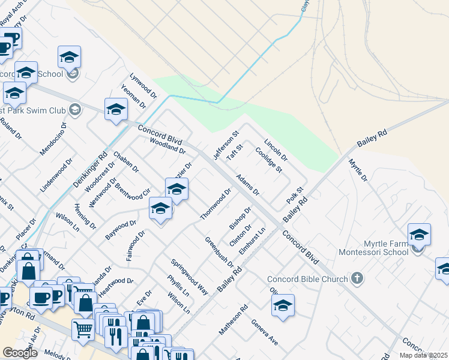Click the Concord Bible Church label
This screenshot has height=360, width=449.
[x=307, y=279]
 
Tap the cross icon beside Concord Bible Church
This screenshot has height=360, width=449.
[x=357, y=278]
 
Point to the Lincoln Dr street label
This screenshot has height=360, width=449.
[x=276, y=151]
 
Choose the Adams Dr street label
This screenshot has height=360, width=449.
[x=247, y=185]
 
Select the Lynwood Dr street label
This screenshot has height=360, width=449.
[x=143, y=85]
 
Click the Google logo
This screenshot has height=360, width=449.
[x=20, y=353]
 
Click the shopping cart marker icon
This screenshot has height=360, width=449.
[x=82, y=329]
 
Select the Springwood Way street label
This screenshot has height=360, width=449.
[x=189, y=277]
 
